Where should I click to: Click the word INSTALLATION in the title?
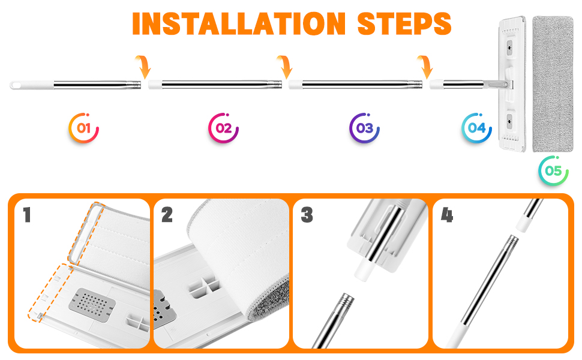[239, 24]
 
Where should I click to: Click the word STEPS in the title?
[404, 24]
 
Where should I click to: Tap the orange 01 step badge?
[84, 128]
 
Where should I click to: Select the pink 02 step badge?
[223, 128]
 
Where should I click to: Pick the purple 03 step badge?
[364, 128]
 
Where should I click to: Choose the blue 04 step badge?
[476, 128]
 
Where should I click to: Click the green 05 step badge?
[553, 171]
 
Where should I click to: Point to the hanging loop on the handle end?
[16, 85]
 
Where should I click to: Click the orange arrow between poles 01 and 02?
[143, 67]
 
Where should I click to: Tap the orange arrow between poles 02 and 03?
[285, 67]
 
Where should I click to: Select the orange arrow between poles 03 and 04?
[425, 67]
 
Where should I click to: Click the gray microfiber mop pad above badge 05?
[553, 84]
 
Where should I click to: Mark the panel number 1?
[27, 215]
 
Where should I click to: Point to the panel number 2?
[167, 215]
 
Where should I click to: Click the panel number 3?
[307, 215]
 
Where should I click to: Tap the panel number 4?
[447, 215]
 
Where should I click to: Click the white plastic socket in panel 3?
[365, 269]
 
